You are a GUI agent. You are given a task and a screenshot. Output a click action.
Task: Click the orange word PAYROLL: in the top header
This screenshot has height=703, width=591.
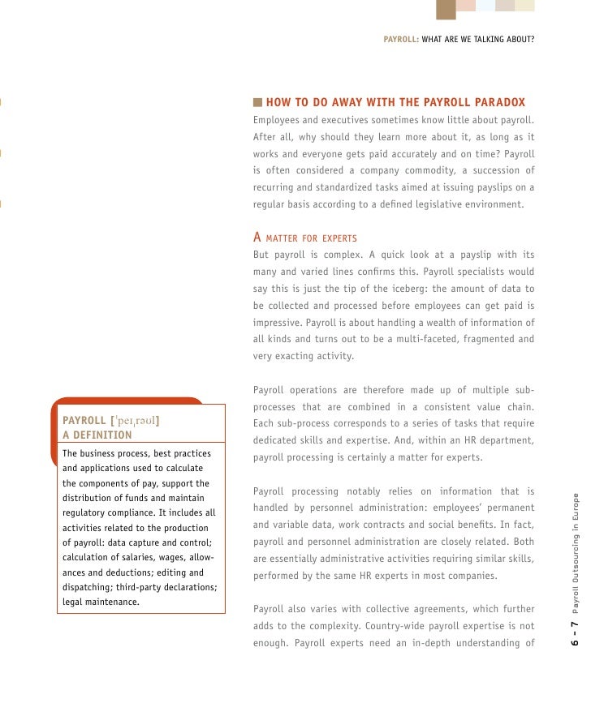point(400,38)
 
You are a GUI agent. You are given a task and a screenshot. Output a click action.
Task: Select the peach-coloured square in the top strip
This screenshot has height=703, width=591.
point(466,5)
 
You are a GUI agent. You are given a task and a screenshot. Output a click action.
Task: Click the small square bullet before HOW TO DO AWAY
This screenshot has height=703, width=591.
point(258,103)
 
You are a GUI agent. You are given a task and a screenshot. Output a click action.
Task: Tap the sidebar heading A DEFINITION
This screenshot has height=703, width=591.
point(97,435)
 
